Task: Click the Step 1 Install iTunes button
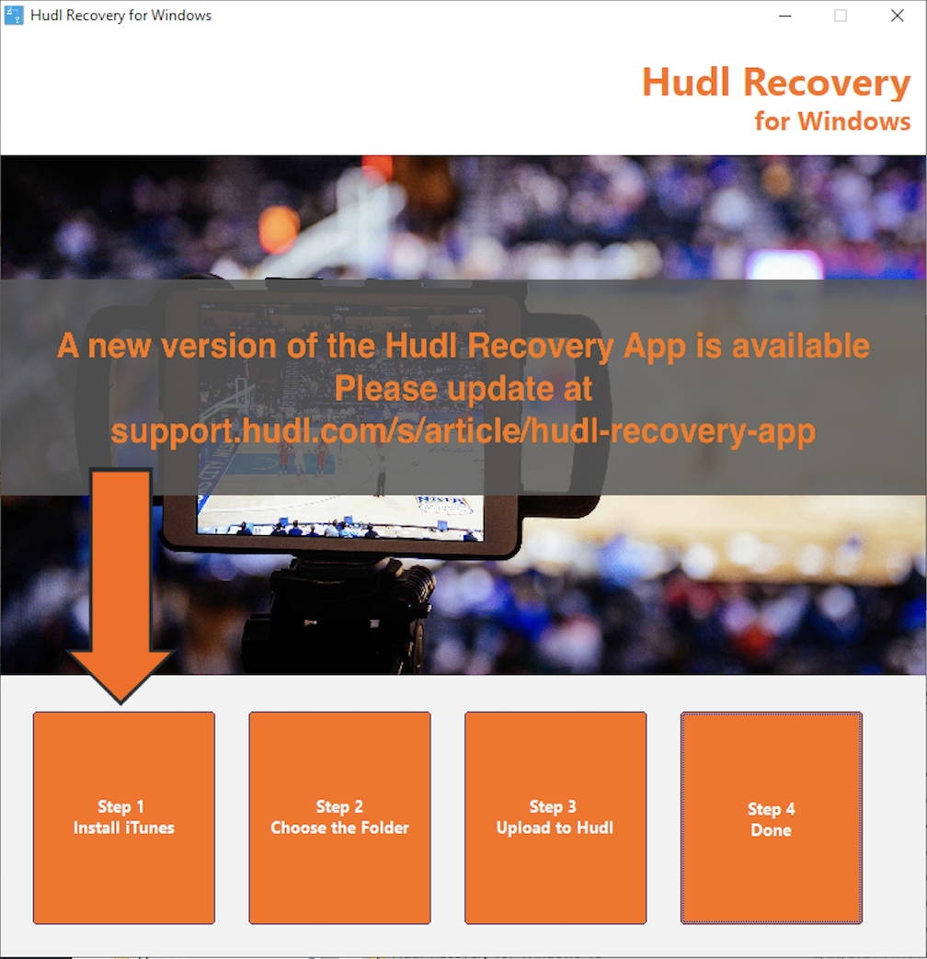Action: (x=124, y=817)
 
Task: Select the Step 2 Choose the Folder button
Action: (x=339, y=817)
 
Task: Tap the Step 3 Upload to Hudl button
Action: (x=555, y=817)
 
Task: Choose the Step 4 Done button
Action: (x=771, y=818)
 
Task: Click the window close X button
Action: (x=897, y=16)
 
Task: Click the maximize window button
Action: (x=841, y=16)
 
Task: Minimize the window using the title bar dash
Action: (x=785, y=16)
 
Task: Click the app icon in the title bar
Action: (x=15, y=16)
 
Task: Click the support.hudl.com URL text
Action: (x=463, y=431)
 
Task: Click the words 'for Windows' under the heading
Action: (x=832, y=120)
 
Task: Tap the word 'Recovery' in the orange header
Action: (x=826, y=82)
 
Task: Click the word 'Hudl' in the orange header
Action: (x=685, y=82)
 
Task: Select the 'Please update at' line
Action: (x=463, y=389)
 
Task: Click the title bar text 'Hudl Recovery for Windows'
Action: (x=120, y=16)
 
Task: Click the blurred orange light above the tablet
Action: (x=279, y=228)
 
